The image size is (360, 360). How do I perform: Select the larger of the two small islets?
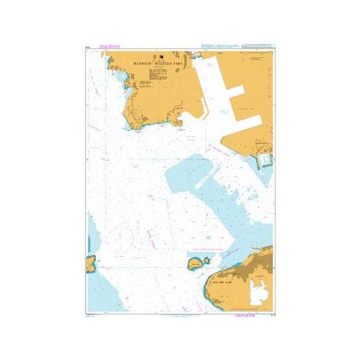click(x=194, y=263)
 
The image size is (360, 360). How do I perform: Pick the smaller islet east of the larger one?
click(x=207, y=261)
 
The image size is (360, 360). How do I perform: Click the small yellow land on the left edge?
click(x=90, y=263)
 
